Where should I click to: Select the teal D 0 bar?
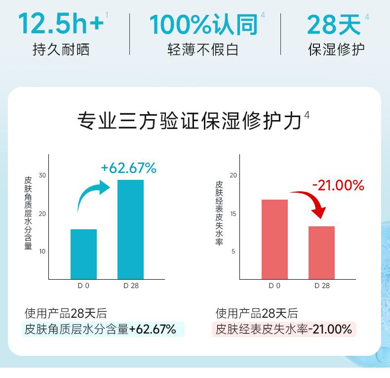[83, 254]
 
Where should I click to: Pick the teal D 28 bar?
[130, 229]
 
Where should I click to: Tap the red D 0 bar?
[274, 239]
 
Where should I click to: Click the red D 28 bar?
[321, 252]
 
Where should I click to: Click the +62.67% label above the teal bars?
[128, 168]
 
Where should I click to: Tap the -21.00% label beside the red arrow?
[338, 185]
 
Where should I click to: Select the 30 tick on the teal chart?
[42, 175]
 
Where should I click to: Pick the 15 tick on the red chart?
[234, 213]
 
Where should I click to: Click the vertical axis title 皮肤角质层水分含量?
[28, 213]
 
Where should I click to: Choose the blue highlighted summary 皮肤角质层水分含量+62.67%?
[103, 329]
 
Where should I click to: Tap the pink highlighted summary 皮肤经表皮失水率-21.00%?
[284, 329]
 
